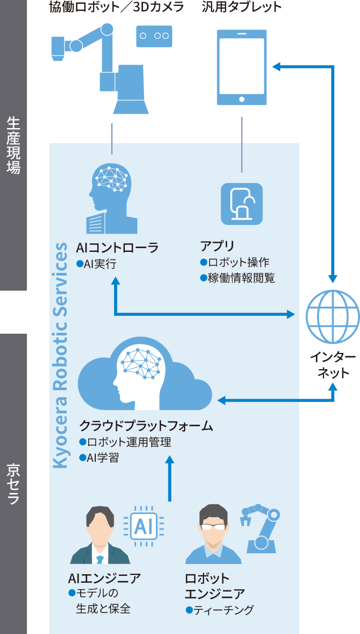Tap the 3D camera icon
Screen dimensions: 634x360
(x=154, y=36)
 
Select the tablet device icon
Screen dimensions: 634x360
(x=242, y=67)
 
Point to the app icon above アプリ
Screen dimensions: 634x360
(x=242, y=203)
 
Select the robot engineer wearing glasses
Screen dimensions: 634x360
(x=213, y=536)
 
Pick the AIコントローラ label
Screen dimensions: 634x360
(x=117, y=248)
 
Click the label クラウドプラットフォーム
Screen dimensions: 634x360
(x=146, y=426)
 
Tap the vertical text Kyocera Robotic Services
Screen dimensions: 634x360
(x=61, y=355)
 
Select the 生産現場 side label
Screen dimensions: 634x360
(x=13, y=145)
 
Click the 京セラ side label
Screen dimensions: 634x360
(x=13, y=484)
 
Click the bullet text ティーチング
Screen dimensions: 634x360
(x=223, y=610)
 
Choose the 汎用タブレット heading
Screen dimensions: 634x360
(x=242, y=7)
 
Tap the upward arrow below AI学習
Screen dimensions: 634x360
(x=170, y=479)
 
